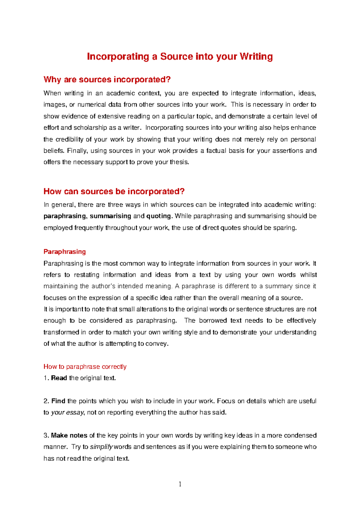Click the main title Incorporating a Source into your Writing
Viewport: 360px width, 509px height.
(180, 56)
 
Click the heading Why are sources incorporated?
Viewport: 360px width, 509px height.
(107, 79)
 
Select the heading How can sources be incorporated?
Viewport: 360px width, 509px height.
(114, 191)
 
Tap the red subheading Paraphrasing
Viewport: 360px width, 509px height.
(64, 252)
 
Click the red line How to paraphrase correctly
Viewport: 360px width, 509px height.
(85, 367)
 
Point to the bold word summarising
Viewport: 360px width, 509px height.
(110, 216)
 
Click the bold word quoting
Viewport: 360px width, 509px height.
(158, 216)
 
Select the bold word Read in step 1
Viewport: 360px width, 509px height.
(59, 378)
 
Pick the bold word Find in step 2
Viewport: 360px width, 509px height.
(58, 401)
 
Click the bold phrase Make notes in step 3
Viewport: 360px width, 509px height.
(69, 435)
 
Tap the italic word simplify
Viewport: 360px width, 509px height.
(101, 447)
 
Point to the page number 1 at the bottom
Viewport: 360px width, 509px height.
(180, 484)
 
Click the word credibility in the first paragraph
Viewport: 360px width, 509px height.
(69, 139)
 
